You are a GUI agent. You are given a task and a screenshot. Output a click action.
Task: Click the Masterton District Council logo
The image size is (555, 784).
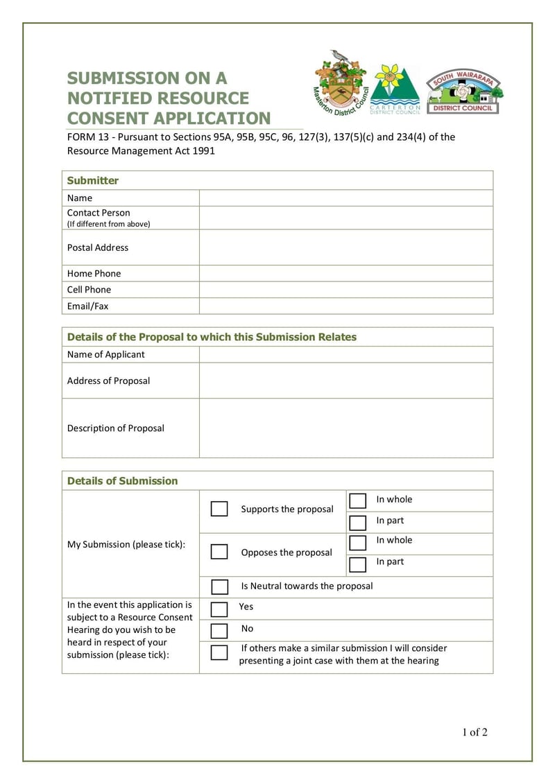click(341, 83)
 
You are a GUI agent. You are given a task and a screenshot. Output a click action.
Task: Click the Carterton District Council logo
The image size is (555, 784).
click(395, 89)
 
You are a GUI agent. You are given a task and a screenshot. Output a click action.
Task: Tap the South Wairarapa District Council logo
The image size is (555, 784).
click(464, 92)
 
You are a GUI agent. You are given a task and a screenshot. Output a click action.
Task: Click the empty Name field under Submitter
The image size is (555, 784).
click(345, 198)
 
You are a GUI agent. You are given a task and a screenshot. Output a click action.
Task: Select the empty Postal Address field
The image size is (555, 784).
click(345, 247)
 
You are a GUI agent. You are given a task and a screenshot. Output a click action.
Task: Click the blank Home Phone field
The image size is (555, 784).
click(345, 273)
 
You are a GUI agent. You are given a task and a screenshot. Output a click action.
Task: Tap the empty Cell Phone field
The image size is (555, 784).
click(345, 290)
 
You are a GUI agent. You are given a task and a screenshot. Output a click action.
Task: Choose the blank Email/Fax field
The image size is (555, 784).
click(345, 306)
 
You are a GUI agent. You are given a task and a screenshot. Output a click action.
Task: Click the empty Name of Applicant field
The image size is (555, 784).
click(345, 354)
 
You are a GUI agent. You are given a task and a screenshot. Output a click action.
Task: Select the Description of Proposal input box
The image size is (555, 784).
click(345, 428)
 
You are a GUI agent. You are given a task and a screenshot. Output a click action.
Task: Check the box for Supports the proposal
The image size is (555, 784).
click(219, 509)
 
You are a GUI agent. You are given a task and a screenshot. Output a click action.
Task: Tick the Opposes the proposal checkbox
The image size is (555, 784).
click(219, 552)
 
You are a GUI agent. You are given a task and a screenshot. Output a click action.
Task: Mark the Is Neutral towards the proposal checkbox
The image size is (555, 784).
click(219, 586)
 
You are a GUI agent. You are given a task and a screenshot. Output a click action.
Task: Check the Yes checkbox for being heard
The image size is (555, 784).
click(219, 609)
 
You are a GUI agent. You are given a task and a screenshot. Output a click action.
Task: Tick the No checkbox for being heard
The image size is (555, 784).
click(219, 630)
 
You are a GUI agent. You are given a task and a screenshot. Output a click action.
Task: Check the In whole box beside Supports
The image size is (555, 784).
click(358, 500)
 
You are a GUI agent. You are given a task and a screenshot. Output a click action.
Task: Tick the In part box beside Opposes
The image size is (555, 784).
click(358, 564)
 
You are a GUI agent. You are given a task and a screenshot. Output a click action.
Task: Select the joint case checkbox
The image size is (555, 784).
click(219, 652)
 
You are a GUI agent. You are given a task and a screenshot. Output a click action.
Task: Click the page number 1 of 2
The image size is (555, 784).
click(475, 732)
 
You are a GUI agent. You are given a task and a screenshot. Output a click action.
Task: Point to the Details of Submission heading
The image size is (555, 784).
click(122, 481)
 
